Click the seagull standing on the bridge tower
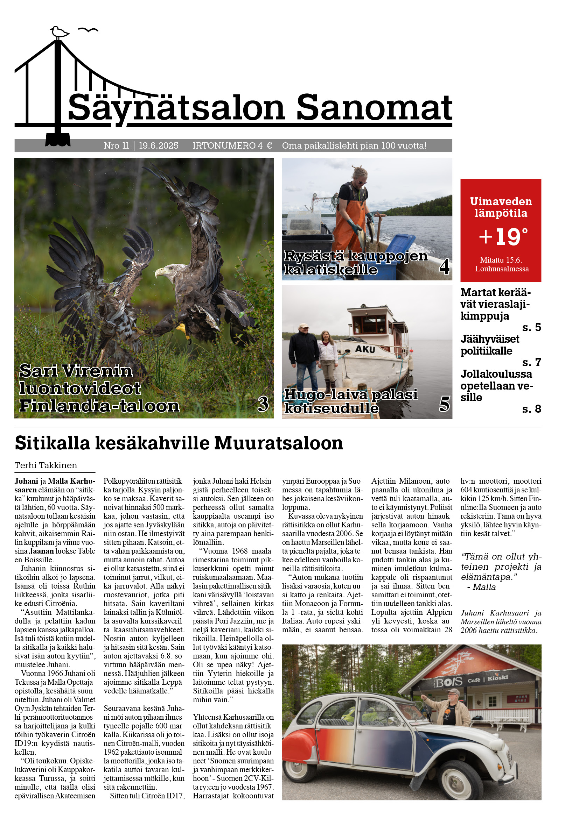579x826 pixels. [59, 32]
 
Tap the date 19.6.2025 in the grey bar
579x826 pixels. [159, 146]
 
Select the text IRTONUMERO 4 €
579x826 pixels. [232, 146]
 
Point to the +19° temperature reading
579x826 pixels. [503, 237]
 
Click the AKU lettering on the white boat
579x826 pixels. [365, 349]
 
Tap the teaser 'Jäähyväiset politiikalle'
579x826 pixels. [489, 345]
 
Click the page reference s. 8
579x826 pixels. [531, 409]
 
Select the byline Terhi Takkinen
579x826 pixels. [46, 465]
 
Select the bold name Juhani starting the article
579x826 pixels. [26, 481]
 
